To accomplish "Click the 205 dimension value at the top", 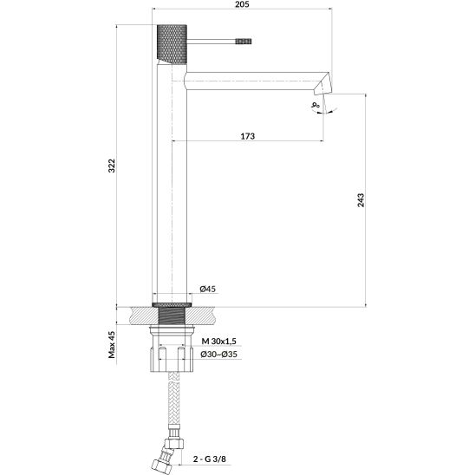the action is [242, 4].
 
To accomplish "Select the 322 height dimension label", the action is [112, 166].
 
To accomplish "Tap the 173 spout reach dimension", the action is [248, 136].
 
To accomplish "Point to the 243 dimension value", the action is [361, 200].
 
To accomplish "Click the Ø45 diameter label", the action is [208, 289].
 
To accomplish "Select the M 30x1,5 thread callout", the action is [219, 342].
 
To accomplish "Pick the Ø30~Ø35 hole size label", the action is [219, 355].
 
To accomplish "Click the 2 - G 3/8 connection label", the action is [210, 459].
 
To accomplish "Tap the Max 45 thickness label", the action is [112, 344].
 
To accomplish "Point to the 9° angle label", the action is [316, 105].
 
